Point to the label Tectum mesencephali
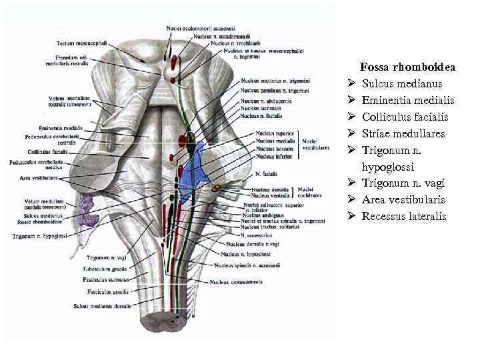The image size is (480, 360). (83, 42)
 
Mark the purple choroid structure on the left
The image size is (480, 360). (87, 209)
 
